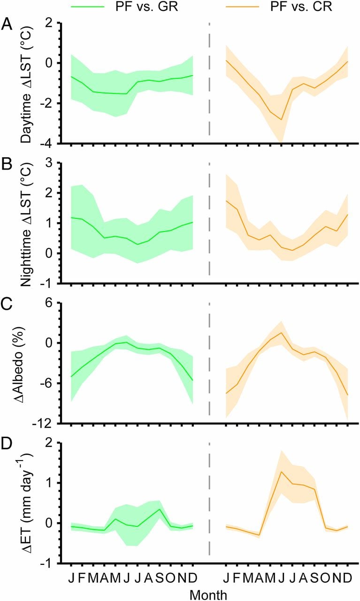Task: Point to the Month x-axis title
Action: [x=208, y=594]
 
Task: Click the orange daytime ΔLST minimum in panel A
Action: [x=281, y=120]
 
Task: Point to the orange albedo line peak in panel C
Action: [x=281, y=333]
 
